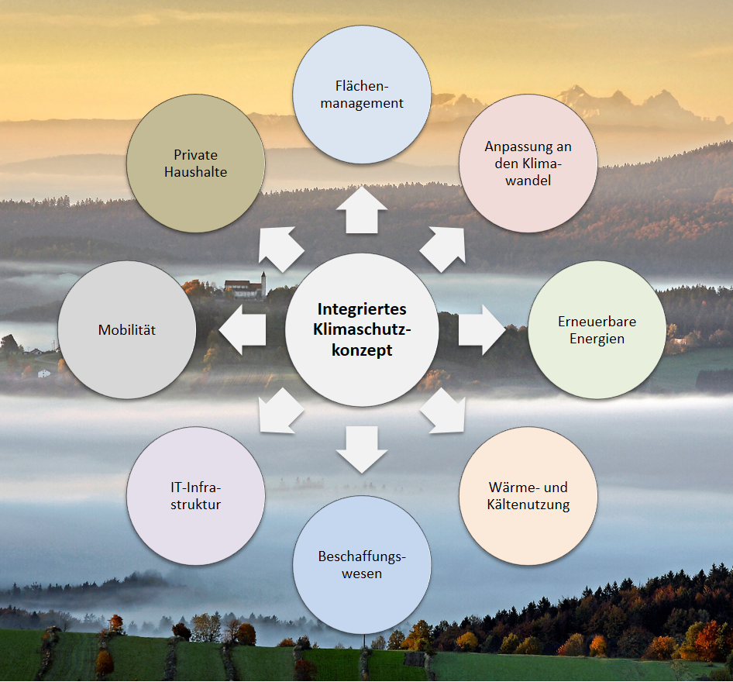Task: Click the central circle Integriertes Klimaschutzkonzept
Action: (x=362, y=329)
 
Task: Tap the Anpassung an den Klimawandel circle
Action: (x=528, y=163)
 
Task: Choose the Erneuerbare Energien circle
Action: (x=597, y=329)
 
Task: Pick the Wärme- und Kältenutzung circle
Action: (x=528, y=496)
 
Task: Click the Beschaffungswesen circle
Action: (x=362, y=565)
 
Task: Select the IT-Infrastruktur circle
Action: (x=196, y=496)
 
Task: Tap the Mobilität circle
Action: (x=127, y=329)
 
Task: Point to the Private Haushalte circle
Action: (x=195, y=163)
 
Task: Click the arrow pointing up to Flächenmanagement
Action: (x=362, y=211)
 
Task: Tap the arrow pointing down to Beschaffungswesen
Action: (x=362, y=449)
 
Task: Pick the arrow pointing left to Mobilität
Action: (x=243, y=329)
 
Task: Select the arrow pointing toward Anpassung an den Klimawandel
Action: (x=445, y=247)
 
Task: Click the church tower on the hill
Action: (x=263, y=284)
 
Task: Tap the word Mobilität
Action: (x=127, y=330)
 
